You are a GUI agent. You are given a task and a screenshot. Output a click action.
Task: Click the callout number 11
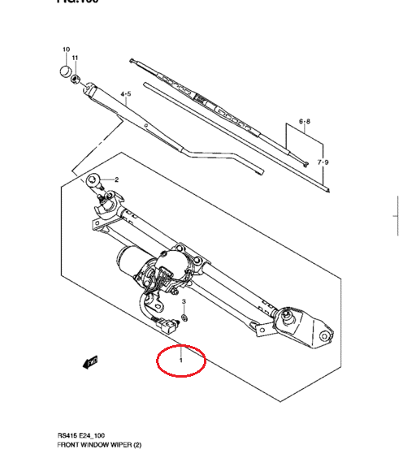(x=76, y=58)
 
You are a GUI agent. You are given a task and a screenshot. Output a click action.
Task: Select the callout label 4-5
(x=126, y=95)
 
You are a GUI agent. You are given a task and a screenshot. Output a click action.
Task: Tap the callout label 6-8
(x=304, y=123)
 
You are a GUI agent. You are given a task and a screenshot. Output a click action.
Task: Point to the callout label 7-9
(x=323, y=162)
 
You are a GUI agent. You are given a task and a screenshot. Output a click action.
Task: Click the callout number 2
(x=116, y=179)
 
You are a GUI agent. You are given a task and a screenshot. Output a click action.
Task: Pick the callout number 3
(x=184, y=302)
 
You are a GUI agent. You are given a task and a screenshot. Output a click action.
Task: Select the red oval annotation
(x=182, y=359)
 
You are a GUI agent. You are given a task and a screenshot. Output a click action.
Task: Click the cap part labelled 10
(x=65, y=71)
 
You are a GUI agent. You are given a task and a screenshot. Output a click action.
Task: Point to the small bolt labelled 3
(x=184, y=318)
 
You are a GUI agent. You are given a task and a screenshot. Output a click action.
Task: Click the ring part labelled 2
(x=96, y=180)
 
